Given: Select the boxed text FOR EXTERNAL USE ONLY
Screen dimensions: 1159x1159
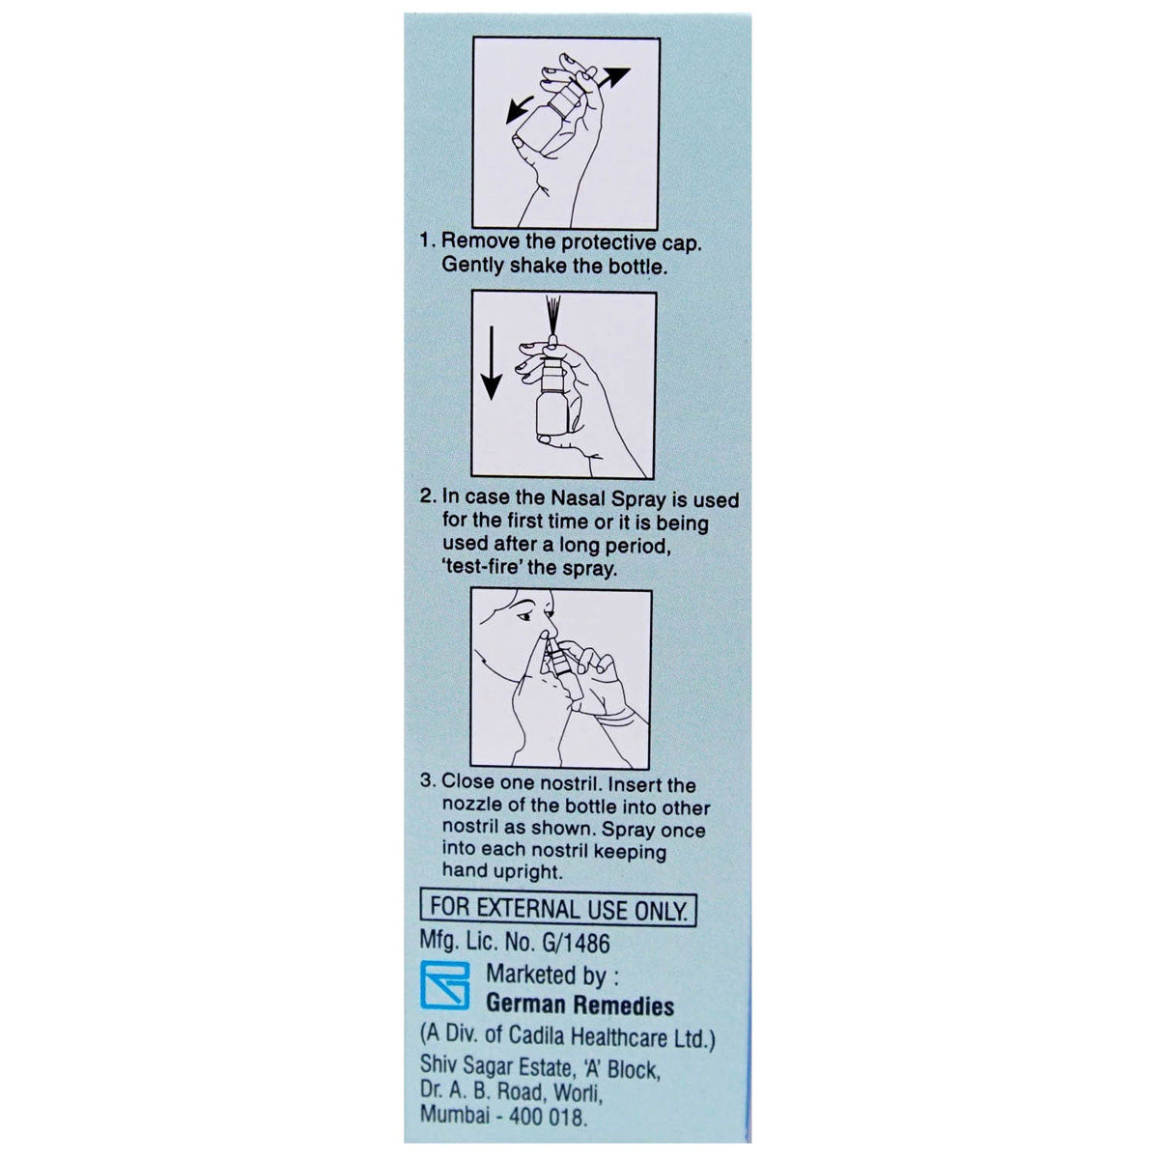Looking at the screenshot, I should [558, 910].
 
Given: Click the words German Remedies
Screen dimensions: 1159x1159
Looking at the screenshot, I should [579, 1005].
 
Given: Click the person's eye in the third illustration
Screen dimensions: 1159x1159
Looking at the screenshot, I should [523, 616].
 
